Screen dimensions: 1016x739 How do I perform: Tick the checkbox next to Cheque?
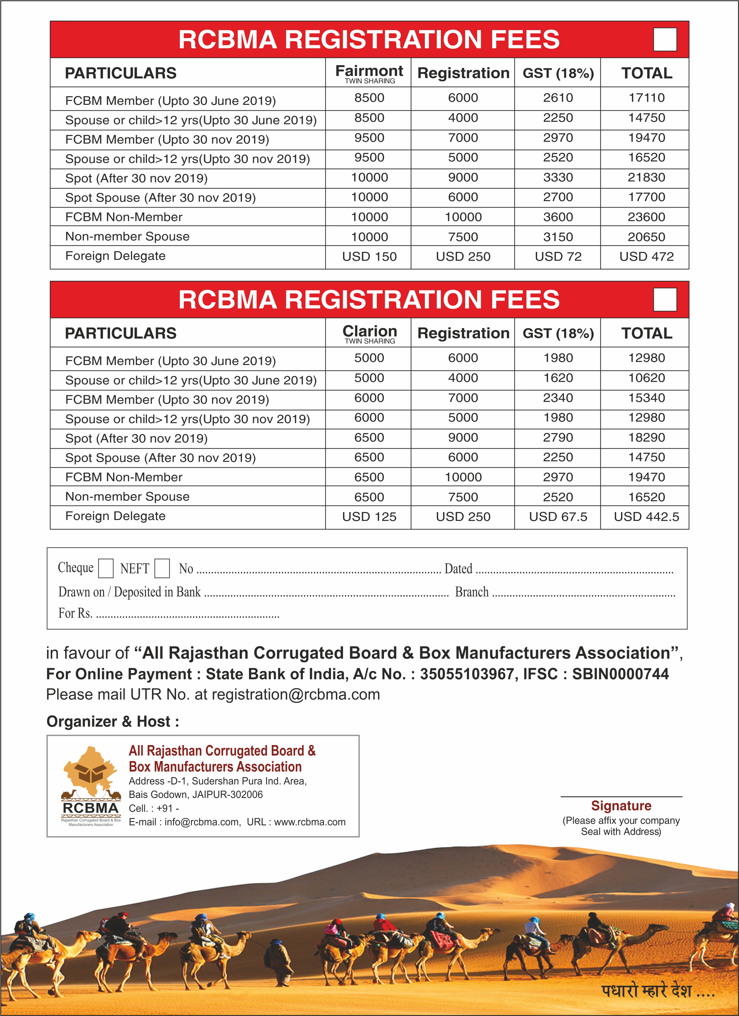point(106,568)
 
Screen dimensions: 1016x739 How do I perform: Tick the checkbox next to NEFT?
point(162,568)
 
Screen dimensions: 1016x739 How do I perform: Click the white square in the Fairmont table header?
point(665,39)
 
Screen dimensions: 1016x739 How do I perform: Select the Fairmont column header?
point(369,73)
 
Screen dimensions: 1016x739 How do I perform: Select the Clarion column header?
point(369,333)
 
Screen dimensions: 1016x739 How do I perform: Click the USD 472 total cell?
point(646,257)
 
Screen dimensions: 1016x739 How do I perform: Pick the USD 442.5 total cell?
point(646,517)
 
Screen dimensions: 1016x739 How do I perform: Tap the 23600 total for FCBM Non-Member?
point(646,217)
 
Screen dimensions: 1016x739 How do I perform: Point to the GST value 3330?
point(558,177)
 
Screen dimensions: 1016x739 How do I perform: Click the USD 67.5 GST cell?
point(558,517)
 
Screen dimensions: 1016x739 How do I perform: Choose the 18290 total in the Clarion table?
point(646,438)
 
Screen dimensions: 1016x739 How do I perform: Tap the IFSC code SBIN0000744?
point(620,674)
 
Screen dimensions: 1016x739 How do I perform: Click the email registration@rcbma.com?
point(296,695)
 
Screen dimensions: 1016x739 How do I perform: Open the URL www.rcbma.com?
point(310,822)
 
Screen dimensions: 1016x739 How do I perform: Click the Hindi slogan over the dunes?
point(658,991)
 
